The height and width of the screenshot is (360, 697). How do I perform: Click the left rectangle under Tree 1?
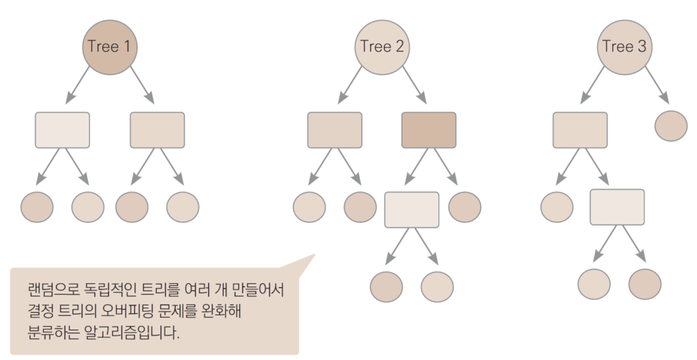tap(63, 130)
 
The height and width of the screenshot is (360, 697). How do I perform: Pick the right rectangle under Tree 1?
tap(157, 130)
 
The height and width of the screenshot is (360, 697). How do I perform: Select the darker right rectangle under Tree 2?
tap(429, 130)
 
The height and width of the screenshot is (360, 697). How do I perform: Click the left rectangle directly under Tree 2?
tap(335, 130)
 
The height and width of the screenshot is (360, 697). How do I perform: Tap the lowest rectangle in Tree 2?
tap(412, 210)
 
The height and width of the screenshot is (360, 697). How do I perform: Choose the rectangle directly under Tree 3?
tap(580, 130)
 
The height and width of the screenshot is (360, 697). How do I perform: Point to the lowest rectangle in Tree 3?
tap(617, 207)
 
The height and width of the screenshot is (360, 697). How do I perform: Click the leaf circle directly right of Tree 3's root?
tap(671, 126)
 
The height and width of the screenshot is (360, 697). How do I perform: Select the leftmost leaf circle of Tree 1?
tap(37, 207)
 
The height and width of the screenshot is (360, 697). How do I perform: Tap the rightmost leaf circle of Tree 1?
tap(182, 207)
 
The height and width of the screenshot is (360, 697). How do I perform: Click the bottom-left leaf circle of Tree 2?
tap(387, 286)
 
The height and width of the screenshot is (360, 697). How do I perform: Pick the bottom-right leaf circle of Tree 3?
tap(645, 284)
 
